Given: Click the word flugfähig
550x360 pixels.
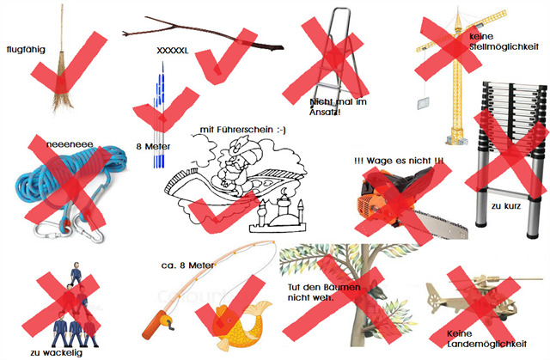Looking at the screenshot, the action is (x=26, y=50).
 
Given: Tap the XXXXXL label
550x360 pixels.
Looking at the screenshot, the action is (x=173, y=51).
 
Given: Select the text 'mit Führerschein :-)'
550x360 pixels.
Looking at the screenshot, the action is (x=242, y=130).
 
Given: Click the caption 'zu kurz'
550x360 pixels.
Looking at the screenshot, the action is (x=506, y=206).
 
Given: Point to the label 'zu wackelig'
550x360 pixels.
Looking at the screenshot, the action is (x=57, y=352).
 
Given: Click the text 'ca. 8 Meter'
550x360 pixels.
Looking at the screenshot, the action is (x=187, y=265).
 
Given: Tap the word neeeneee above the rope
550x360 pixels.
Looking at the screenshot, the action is (x=70, y=144).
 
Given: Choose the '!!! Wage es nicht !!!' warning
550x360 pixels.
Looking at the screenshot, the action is (x=399, y=161).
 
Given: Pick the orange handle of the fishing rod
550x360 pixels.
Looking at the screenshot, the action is (x=157, y=325).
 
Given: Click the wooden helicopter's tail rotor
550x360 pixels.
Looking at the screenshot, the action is (x=435, y=298).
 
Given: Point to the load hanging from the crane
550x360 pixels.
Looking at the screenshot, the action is (x=424, y=104).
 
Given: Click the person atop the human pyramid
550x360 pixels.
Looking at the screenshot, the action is (x=76, y=272).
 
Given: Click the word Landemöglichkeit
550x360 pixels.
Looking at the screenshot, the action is (x=487, y=344).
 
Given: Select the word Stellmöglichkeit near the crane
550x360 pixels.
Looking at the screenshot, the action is (x=504, y=46).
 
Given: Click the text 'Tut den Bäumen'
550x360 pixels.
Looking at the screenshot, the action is (x=324, y=288).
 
